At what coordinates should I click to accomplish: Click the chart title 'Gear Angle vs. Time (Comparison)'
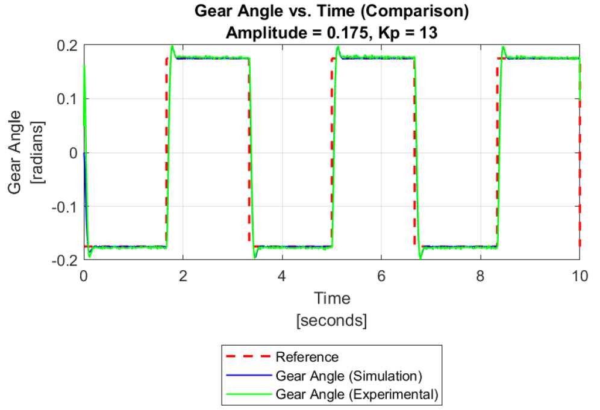click(x=331, y=11)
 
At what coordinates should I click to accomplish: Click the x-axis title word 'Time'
click(x=331, y=298)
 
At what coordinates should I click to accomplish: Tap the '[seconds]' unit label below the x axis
click(x=331, y=320)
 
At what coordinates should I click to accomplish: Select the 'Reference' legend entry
click(x=307, y=357)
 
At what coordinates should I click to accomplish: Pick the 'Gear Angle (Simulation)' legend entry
click(x=347, y=376)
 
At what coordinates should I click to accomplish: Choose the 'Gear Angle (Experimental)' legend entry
click(x=355, y=395)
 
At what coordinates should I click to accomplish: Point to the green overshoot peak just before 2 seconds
click(x=173, y=46)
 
